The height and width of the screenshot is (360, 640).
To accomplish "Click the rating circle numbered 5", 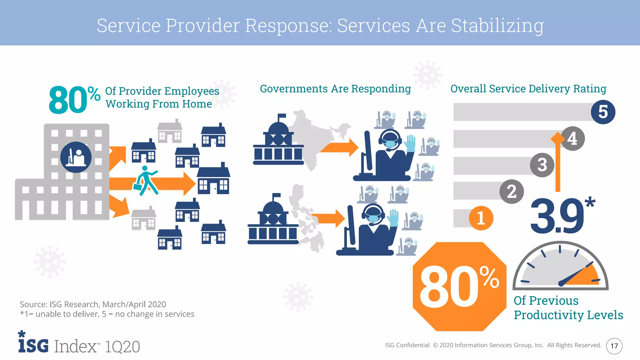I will [603, 112].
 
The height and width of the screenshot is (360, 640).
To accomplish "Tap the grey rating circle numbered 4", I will [573, 138].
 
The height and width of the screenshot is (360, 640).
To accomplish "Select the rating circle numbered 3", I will [542, 165].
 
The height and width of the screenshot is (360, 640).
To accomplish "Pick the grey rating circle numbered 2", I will [512, 191].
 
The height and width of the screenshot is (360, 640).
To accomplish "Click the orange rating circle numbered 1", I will [481, 218].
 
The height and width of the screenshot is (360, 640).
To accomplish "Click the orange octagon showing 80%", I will [459, 287].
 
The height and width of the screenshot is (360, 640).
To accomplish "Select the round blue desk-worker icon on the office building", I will [76, 157].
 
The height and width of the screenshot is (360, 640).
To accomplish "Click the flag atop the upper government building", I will [282, 116].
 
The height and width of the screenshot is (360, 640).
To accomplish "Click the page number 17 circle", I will [614, 346].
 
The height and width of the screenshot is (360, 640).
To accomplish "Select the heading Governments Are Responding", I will [335, 89].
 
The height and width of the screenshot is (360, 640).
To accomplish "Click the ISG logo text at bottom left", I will [33, 345].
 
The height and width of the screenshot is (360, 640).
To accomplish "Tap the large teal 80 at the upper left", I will [68, 101].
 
